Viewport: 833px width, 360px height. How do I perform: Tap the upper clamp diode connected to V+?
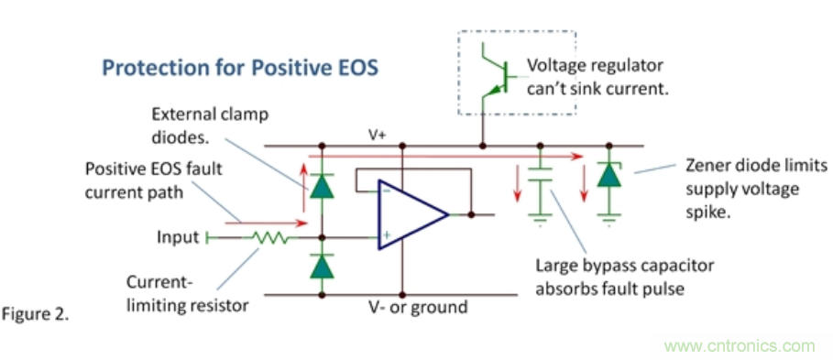322,186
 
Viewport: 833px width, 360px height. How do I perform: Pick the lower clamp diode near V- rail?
322,267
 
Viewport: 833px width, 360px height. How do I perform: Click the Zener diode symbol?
609,175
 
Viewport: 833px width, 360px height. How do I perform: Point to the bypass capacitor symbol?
541,175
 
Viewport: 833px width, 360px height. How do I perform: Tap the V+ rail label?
378,136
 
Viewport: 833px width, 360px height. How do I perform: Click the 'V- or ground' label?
419,307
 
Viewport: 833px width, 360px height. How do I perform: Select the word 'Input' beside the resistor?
178,237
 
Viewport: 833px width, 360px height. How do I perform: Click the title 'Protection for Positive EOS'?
240,68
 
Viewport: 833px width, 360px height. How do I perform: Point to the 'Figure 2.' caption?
36,314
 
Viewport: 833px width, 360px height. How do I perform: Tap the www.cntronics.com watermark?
740,346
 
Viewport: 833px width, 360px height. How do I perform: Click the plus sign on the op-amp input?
387,235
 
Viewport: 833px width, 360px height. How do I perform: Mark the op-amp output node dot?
471,214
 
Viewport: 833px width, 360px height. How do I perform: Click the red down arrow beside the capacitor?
517,184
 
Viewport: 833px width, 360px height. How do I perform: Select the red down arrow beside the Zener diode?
584,184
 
